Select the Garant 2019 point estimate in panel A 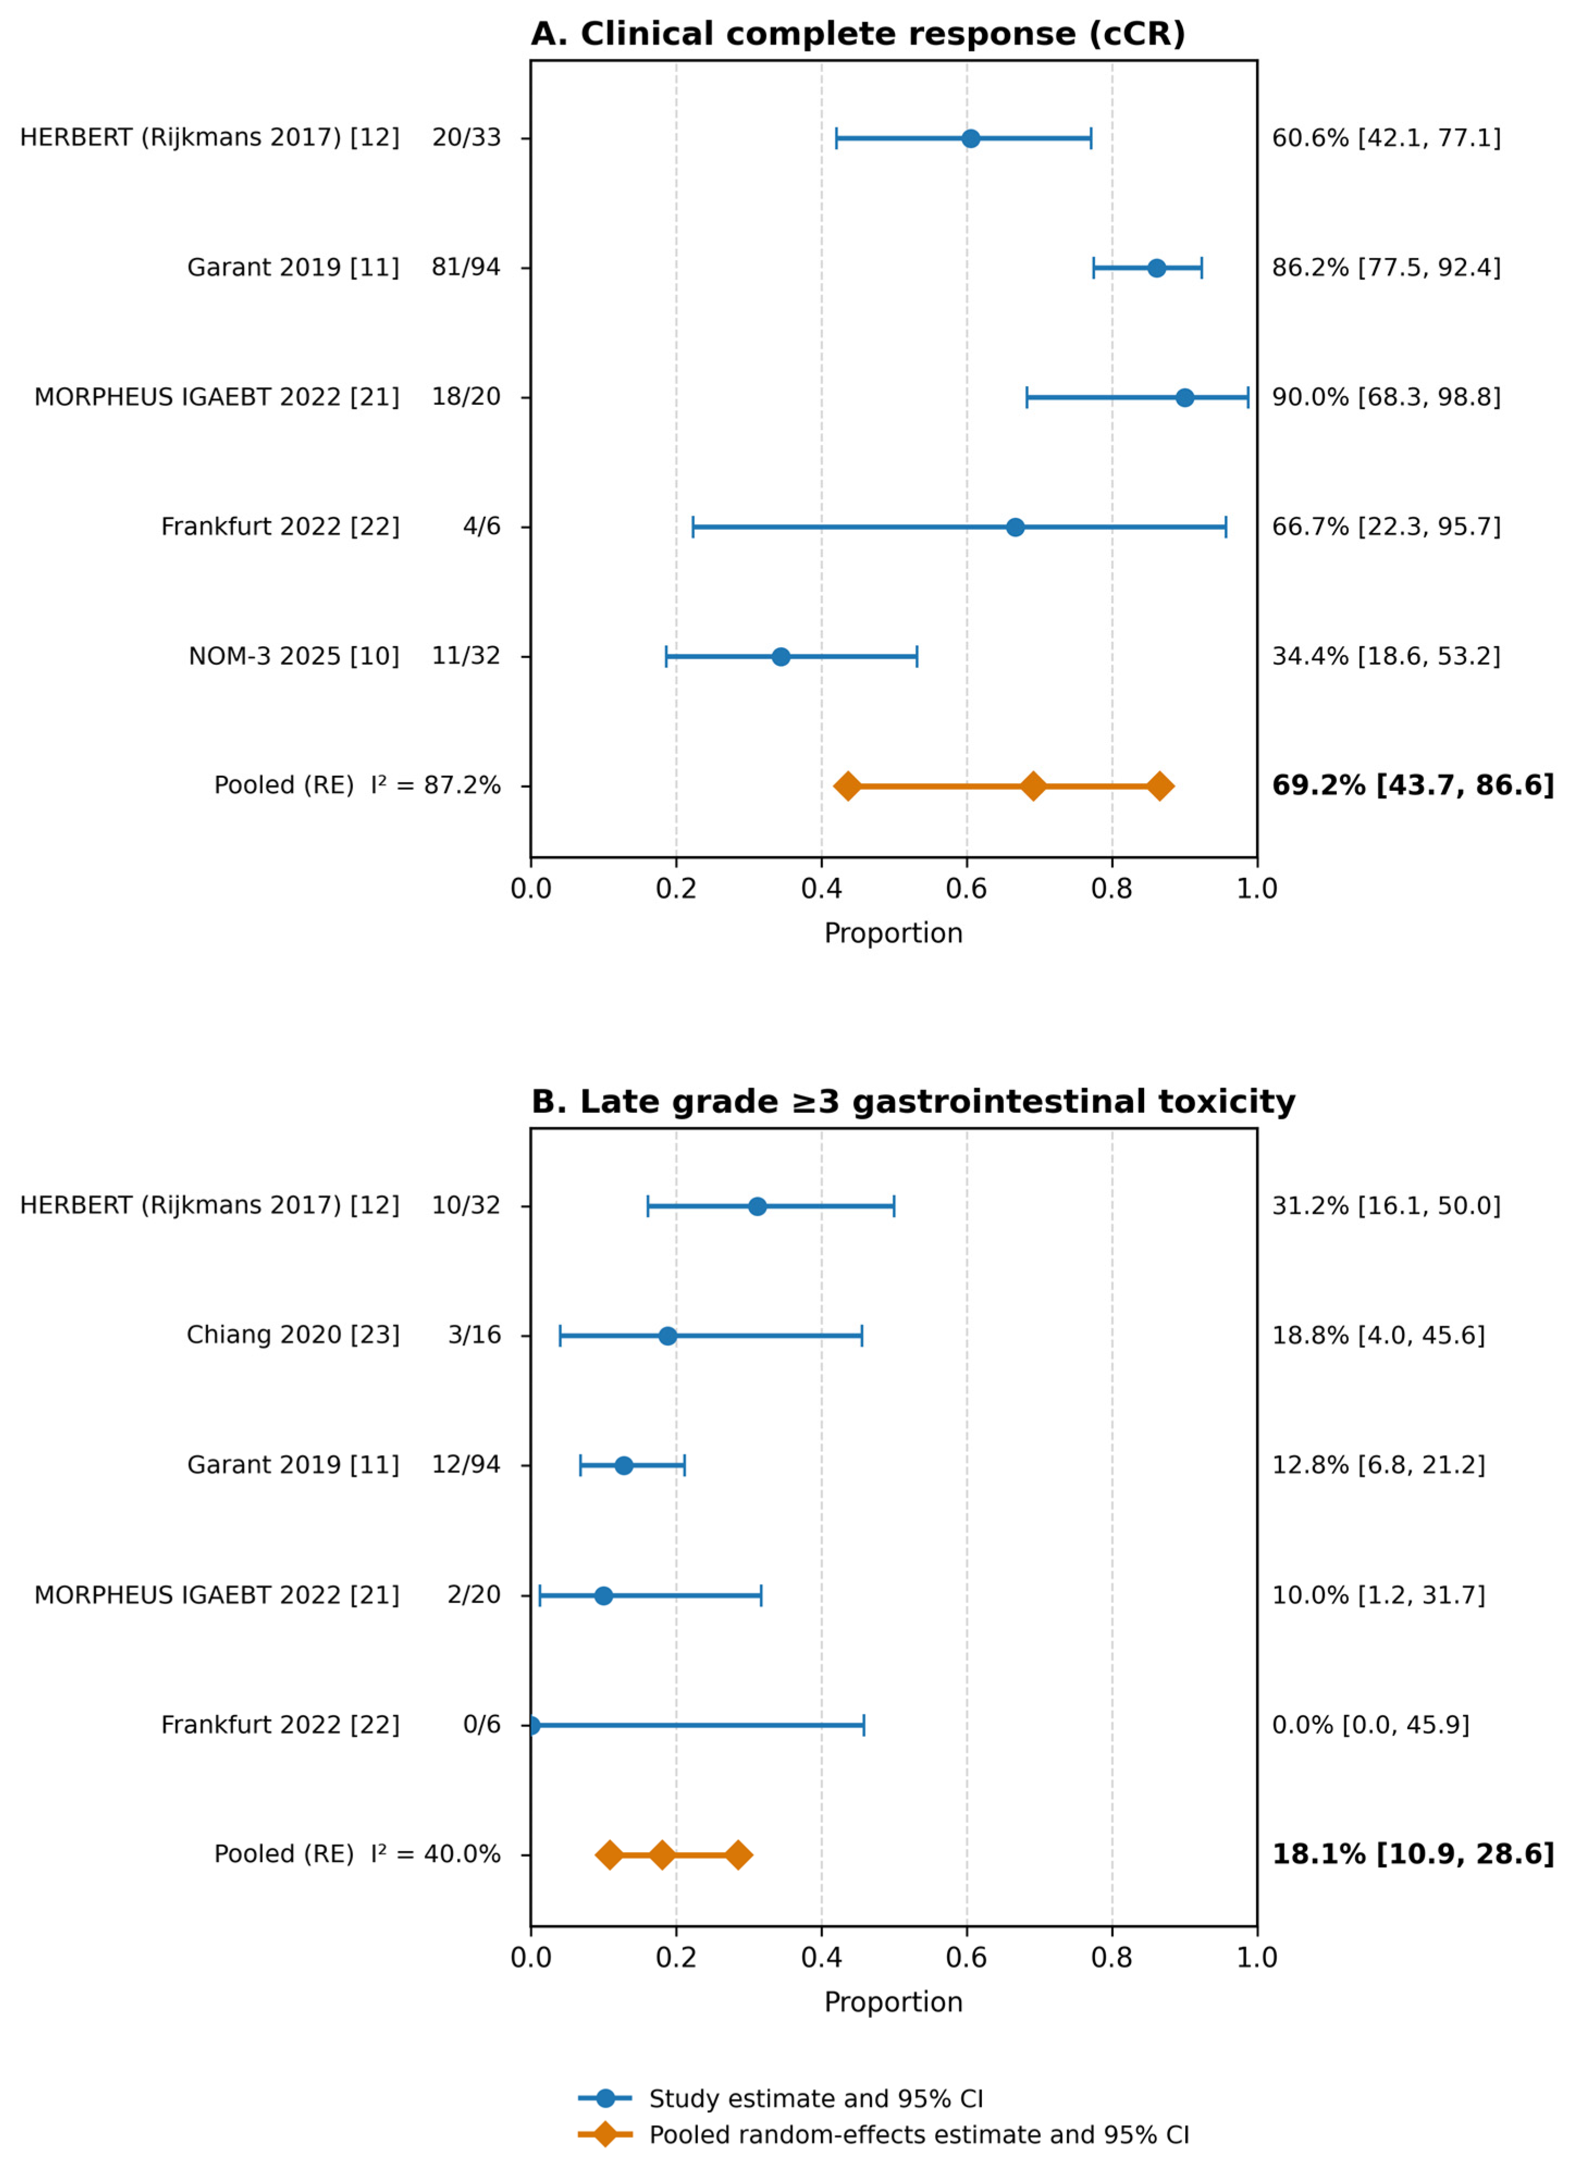[1156, 268]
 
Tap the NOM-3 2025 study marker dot [781, 657]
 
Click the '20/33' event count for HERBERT [467, 138]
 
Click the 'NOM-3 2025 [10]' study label [294, 657]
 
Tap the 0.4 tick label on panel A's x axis [821, 889]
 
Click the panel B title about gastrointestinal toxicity [913, 1102]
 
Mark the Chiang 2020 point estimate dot [667, 1336]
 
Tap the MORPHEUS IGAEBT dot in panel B [603, 1595]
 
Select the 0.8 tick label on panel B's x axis [1111, 1958]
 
